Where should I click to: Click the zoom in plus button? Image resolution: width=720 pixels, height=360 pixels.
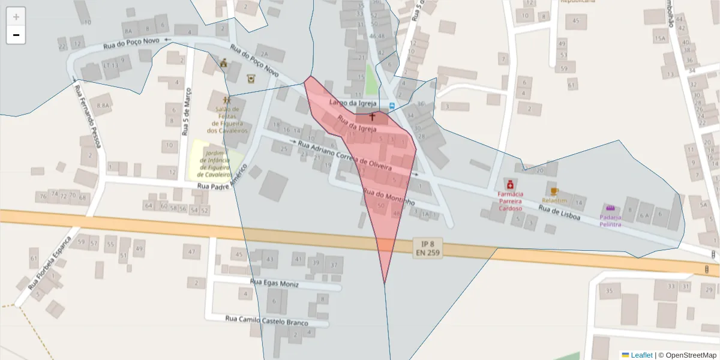pyautogui.click(x=16, y=17)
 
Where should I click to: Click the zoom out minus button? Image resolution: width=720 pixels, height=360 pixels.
pyautogui.click(x=16, y=35)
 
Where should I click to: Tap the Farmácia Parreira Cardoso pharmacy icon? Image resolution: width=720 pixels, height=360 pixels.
pyautogui.click(x=510, y=184)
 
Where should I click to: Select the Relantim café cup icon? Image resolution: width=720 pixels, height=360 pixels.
pyautogui.click(x=554, y=192)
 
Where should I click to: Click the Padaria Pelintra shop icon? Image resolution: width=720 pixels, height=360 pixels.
pyautogui.click(x=610, y=208)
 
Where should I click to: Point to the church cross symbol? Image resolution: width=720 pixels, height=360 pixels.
pyautogui.click(x=372, y=115)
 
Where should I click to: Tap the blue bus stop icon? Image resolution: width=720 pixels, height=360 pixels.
pyautogui.click(x=392, y=106)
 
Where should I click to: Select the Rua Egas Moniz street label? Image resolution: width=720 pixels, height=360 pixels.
pyautogui.click(x=274, y=283)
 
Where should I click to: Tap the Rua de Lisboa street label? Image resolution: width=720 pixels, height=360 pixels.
pyautogui.click(x=559, y=212)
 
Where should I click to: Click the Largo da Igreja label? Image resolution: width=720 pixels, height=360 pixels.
pyautogui.click(x=353, y=103)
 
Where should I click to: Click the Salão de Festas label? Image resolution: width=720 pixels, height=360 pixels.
pyautogui.click(x=226, y=119)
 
